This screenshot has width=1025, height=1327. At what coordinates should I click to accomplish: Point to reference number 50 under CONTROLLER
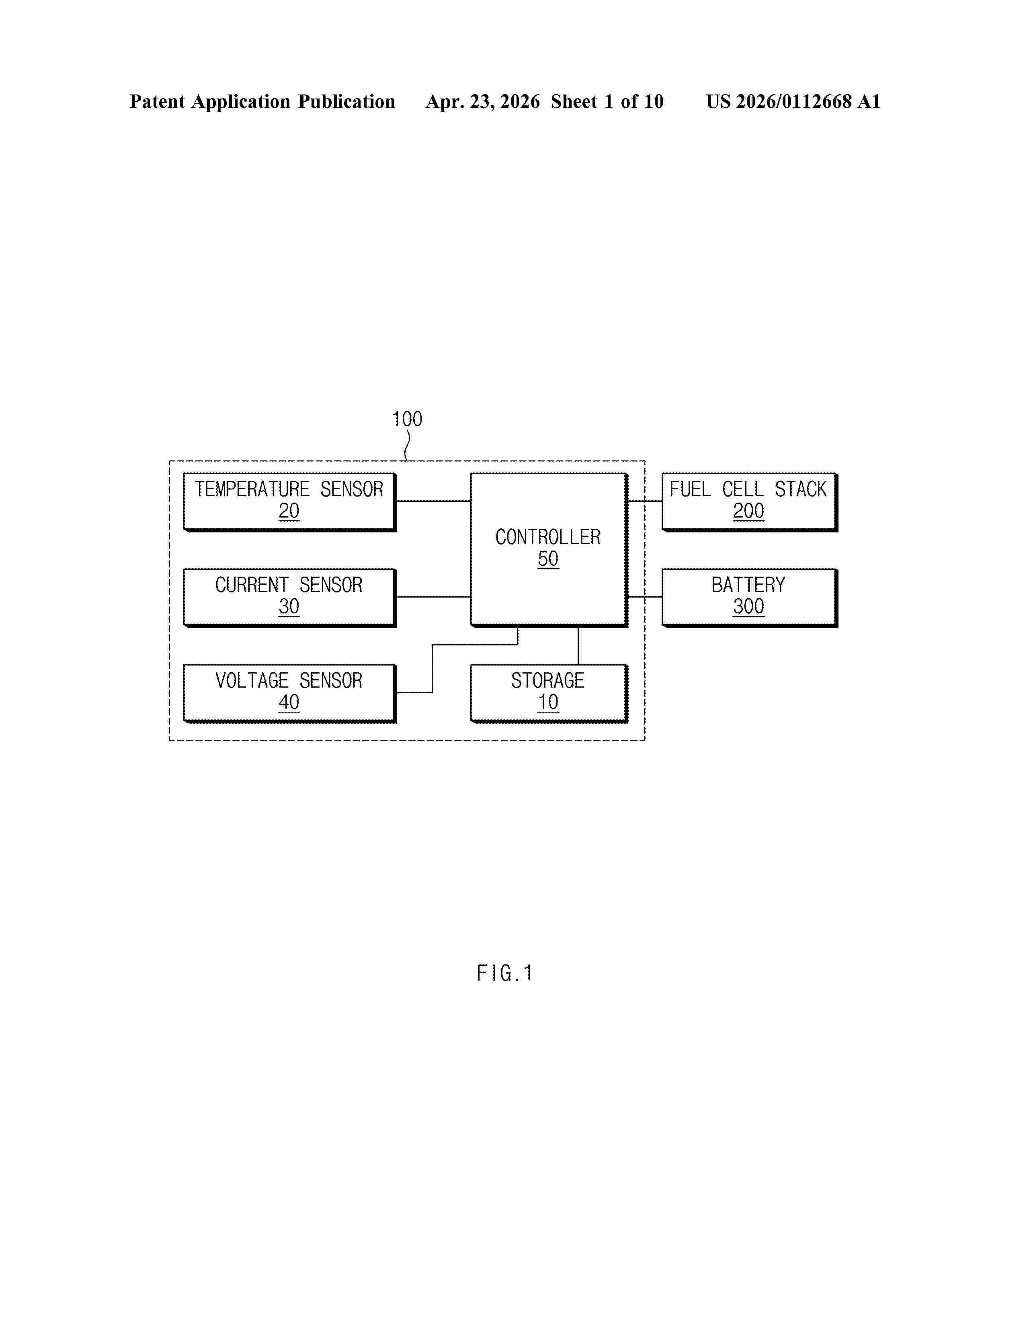(x=548, y=559)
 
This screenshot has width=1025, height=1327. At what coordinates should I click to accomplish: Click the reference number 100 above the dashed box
(x=407, y=419)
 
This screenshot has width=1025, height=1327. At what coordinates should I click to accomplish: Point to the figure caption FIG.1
(x=504, y=973)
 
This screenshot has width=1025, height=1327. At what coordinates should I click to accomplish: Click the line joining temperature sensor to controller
(x=434, y=501)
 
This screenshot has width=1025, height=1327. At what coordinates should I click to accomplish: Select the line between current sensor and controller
(x=434, y=597)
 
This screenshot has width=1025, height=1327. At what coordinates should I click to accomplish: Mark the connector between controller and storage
(x=578, y=646)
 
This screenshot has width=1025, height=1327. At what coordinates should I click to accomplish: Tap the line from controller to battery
(x=645, y=597)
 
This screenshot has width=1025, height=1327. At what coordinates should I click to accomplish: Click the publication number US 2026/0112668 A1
(x=793, y=101)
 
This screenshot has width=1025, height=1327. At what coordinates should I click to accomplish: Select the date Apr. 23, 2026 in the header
(x=483, y=101)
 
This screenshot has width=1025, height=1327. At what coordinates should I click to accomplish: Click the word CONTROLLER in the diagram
(x=548, y=537)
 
